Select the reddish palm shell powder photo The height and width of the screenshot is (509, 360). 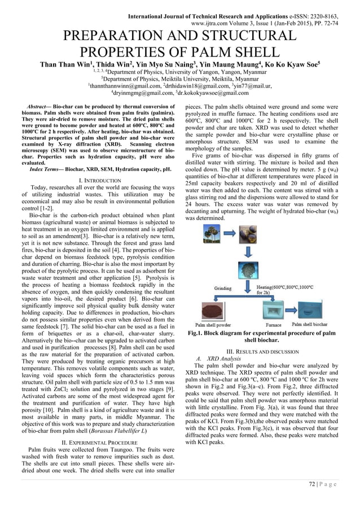(213, 310)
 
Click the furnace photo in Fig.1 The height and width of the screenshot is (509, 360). (273, 309)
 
